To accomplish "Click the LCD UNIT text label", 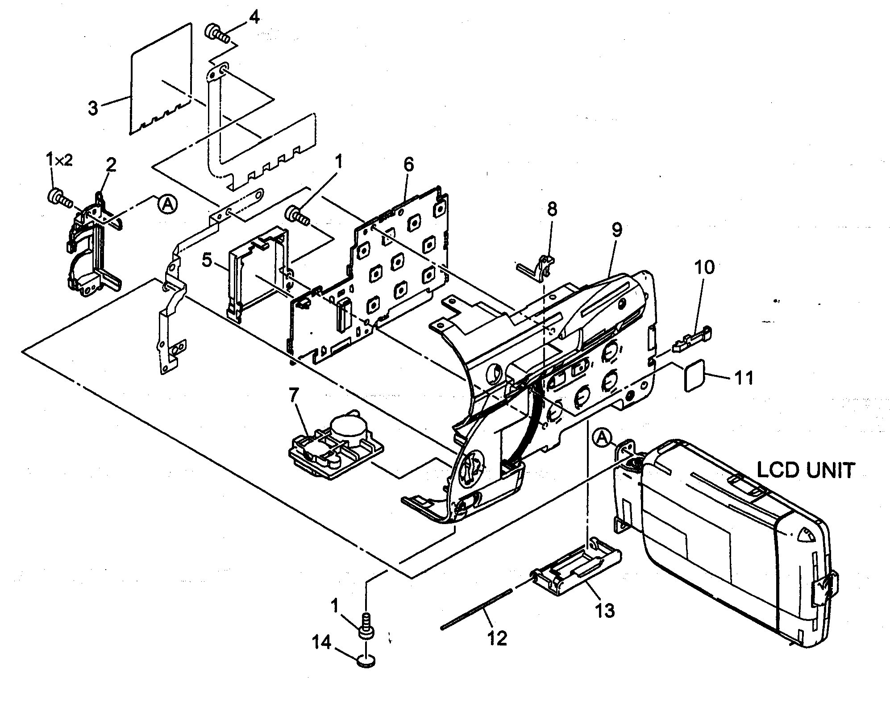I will pos(806,471).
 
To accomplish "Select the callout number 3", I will pos(93,108).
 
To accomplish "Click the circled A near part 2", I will pos(167,204).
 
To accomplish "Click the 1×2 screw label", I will pos(59,160).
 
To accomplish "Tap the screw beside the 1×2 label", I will pos(59,197).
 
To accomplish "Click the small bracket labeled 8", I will pos(538,268).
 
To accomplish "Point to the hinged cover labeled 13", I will pos(576,569).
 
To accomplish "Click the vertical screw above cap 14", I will pos(366,625).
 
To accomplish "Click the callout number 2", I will pos(111,165).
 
